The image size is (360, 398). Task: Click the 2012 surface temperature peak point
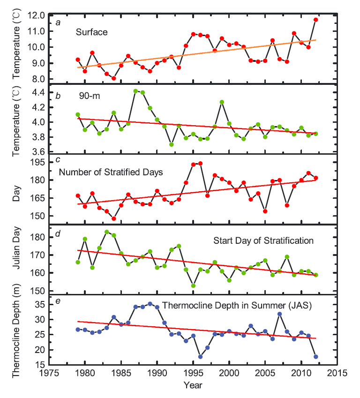316,20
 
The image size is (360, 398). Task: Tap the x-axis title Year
193,385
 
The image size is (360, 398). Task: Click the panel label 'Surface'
92,32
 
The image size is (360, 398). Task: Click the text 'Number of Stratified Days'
111,172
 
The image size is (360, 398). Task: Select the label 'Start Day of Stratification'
263,241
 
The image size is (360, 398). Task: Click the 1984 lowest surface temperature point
113,78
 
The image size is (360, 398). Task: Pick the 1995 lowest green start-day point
193,285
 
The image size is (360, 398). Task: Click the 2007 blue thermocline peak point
280,314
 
